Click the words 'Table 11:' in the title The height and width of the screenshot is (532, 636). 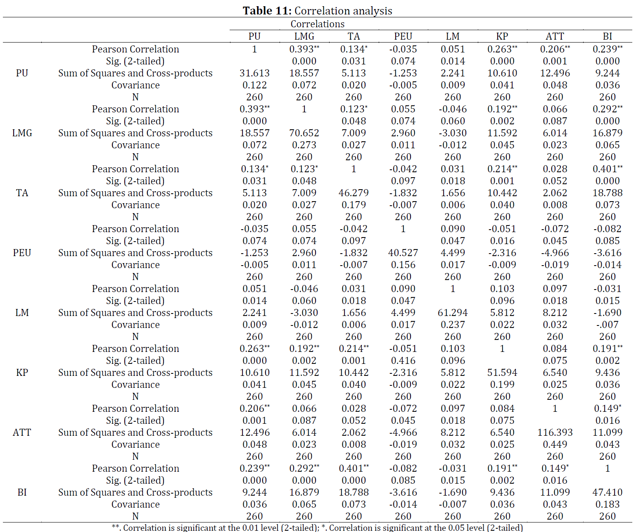pos(267,11)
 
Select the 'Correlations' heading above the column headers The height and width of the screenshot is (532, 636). pos(318,24)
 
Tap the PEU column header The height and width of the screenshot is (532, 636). pos(403,36)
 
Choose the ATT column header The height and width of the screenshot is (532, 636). pos(555,36)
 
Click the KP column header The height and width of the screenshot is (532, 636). pos(502,36)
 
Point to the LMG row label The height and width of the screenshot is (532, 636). pos(22,133)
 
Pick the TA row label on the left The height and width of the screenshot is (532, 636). pos(22,193)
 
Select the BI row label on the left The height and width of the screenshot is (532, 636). pos(22,492)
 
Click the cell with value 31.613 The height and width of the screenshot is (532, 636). pos(254,73)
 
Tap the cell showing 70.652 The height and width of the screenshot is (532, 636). pos(304,133)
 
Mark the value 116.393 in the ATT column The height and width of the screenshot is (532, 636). pos(555,432)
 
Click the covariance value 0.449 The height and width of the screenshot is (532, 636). pos(555,444)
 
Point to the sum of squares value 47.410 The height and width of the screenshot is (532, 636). pos(608,492)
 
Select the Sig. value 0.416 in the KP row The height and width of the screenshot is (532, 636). pos(403,361)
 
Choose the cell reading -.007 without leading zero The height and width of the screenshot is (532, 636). pos(608,325)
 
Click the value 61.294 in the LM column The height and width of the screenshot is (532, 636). pos(453,313)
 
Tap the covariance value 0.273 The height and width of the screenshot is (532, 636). pos(304,145)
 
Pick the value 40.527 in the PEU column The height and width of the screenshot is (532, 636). pos(403,253)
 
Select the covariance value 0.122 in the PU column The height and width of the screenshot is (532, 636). pos(254,85)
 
